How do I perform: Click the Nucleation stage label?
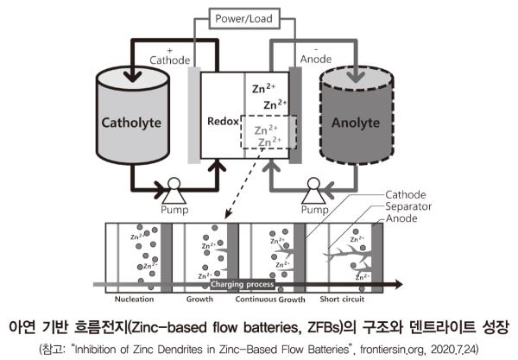136,300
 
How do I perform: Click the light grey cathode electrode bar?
193,115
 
